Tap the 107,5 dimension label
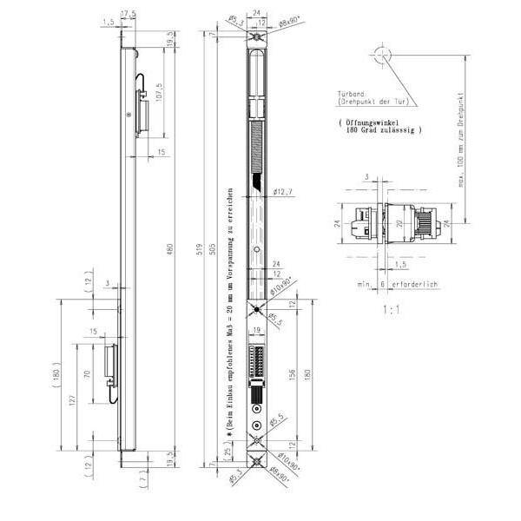coord(158,90)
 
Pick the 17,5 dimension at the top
coord(129,13)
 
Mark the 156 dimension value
coord(293,372)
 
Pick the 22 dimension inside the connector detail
coord(399,223)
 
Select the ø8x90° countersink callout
coord(277,18)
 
